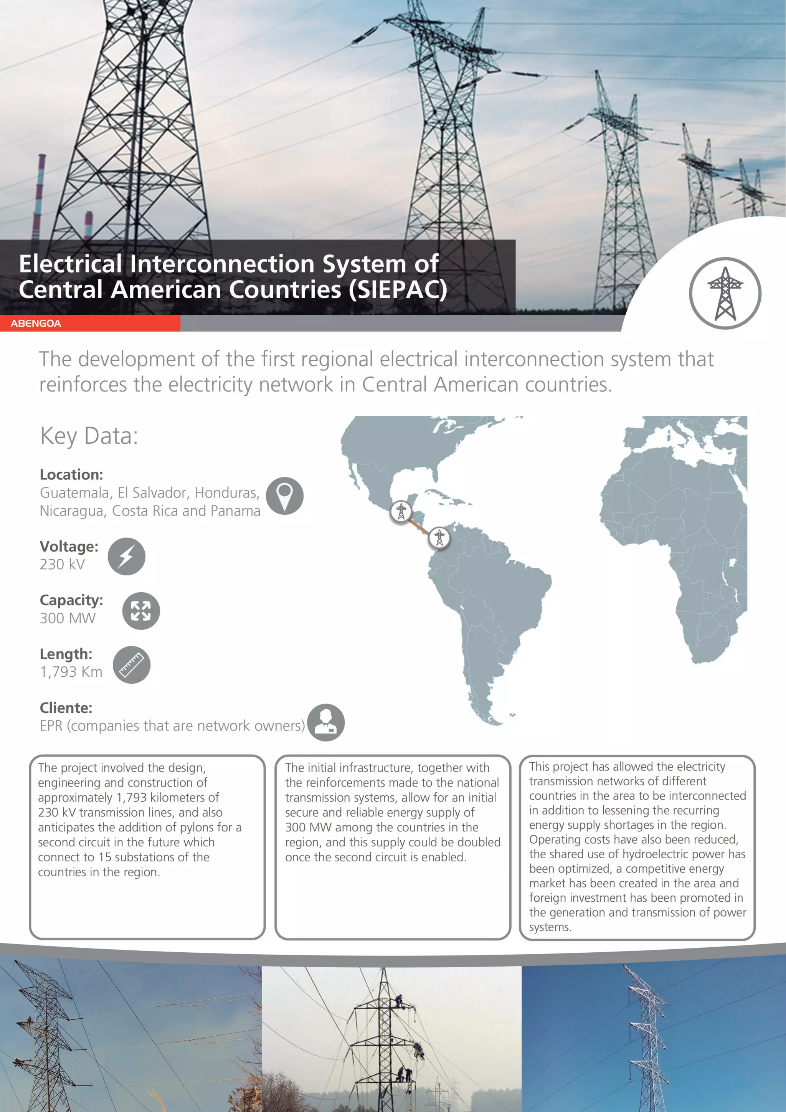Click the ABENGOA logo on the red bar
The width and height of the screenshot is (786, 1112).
[36, 324]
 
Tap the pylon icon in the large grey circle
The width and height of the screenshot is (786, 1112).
[725, 294]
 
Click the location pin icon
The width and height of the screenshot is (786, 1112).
[285, 496]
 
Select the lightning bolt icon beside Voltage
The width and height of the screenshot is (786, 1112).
[126, 557]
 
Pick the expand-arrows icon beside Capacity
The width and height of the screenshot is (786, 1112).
[141, 611]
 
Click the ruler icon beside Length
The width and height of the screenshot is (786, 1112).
[132, 665]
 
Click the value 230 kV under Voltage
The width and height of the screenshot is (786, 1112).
[63, 565]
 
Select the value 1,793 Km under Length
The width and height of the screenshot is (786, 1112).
[71, 672]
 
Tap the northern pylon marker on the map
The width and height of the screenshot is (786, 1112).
[401, 511]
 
